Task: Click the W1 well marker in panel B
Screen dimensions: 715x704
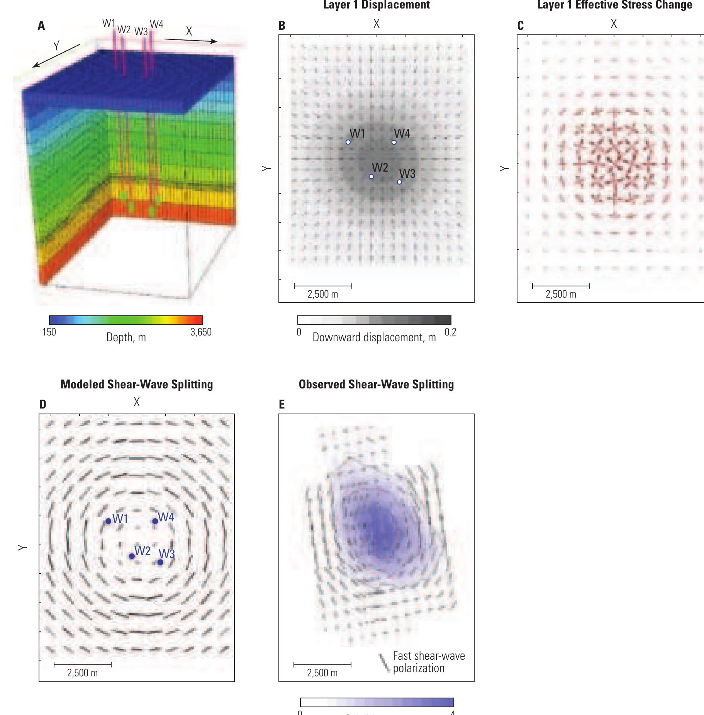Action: tap(348, 142)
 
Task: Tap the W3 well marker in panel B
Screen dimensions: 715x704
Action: tap(399, 182)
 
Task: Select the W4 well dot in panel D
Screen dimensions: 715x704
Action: tap(155, 521)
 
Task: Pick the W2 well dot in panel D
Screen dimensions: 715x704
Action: tap(132, 556)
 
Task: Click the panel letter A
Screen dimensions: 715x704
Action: tap(41, 26)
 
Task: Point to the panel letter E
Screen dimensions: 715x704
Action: tap(282, 404)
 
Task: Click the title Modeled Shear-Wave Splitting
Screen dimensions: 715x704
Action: tap(137, 385)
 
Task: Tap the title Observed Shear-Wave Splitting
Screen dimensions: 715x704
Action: tap(376, 385)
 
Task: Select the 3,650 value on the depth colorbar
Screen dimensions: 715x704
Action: tap(201, 332)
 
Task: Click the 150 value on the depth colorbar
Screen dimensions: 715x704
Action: tap(49, 332)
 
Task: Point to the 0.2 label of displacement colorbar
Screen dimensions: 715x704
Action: tap(450, 332)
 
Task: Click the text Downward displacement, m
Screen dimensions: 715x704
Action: tap(374, 337)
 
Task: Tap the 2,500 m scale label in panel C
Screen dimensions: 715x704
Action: tap(561, 295)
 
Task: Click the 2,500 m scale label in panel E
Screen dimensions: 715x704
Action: tap(322, 673)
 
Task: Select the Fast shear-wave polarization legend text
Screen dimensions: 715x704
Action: tap(429, 662)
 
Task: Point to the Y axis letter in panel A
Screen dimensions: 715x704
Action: tap(56, 46)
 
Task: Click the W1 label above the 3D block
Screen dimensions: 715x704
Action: tap(109, 23)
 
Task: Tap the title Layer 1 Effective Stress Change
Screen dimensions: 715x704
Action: tap(614, 5)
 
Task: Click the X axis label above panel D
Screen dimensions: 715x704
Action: tap(137, 402)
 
